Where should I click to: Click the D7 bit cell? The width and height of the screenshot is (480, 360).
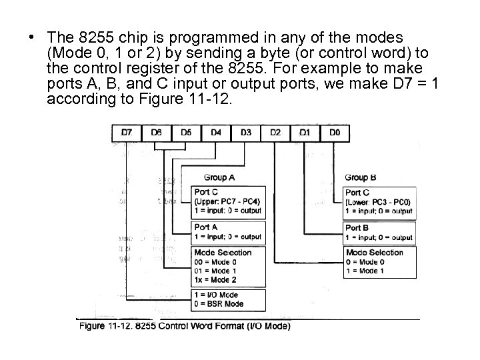tap(126, 133)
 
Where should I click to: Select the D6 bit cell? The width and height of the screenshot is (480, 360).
tap(156, 133)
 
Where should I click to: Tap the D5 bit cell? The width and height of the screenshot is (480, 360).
tap(186, 133)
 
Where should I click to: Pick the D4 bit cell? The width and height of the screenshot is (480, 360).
tap(216, 133)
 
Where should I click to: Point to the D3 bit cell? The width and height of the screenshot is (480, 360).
tap(245, 133)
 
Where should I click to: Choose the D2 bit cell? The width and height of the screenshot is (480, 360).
tap(275, 133)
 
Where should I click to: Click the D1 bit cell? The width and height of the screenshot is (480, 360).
tap(305, 133)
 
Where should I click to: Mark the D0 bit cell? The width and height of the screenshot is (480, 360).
tap(335, 133)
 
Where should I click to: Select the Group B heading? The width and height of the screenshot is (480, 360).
tap(361, 177)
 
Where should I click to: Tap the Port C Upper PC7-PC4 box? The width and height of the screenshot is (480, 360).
tap(227, 201)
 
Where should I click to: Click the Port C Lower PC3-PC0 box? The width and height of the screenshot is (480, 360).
tap(379, 201)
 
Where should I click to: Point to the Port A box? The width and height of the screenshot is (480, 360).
tap(227, 233)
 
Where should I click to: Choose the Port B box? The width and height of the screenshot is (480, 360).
tap(379, 233)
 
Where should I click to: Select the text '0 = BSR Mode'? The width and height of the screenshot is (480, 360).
tap(218, 304)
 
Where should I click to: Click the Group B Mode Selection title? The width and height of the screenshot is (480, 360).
tap(375, 253)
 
